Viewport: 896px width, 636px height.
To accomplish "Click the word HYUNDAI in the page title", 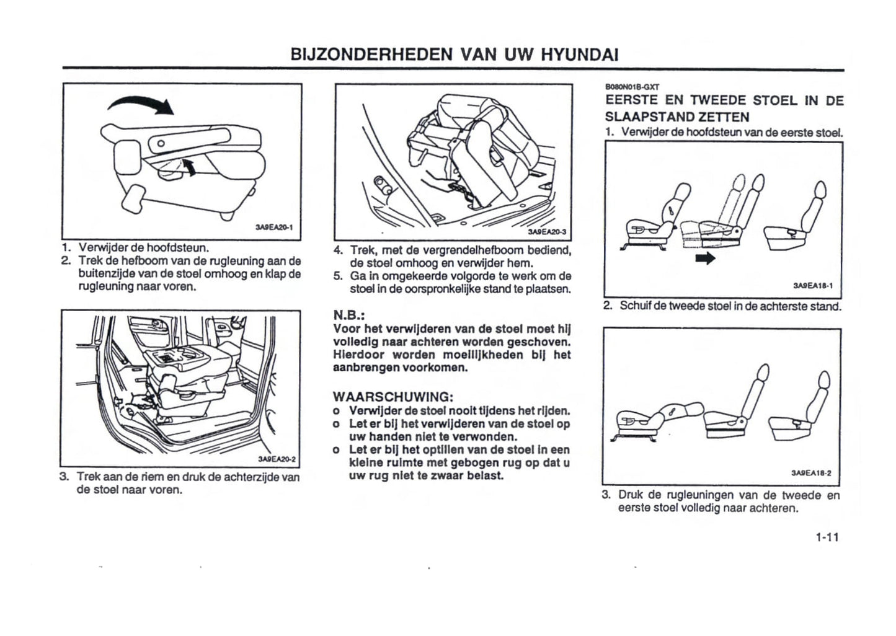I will click(x=580, y=55).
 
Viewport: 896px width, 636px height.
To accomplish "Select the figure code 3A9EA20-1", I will click(x=273, y=227).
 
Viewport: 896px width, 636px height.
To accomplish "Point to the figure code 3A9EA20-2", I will click(x=276, y=459).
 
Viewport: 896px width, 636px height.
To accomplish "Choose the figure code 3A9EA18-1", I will click(x=812, y=286).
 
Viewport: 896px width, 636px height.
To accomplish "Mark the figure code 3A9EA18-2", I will click(x=811, y=473).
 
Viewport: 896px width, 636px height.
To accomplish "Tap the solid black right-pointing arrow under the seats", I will click(x=706, y=259).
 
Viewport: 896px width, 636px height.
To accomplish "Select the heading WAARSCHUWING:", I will click(x=392, y=396).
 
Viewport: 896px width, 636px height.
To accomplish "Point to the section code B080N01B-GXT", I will click(x=624, y=87).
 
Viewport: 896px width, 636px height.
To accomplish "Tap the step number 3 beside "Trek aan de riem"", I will click(x=63, y=476).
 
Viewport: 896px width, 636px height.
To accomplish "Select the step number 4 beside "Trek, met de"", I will click(x=337, y=250).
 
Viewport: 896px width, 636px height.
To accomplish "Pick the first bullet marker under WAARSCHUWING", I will click(x=336, y=411).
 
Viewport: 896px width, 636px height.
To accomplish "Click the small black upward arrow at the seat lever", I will click(x=192, y=166).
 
